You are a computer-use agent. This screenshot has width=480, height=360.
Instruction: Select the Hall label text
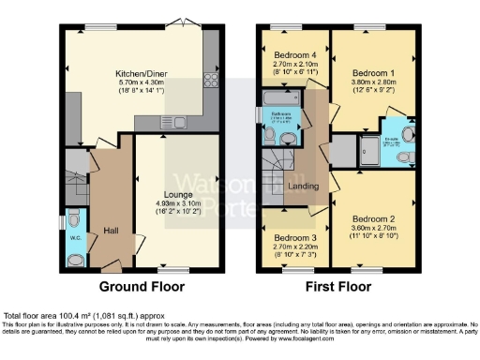pos(111,230)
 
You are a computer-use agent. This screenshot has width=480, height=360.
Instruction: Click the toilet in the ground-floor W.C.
pos(74,223)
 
